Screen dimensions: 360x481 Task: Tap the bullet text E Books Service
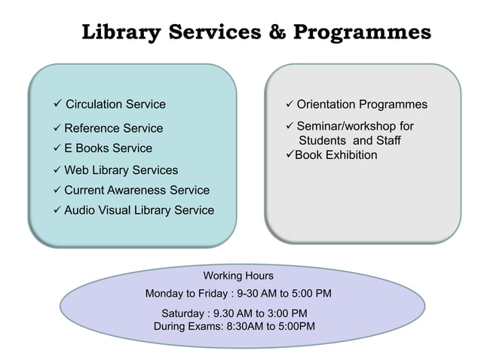108,148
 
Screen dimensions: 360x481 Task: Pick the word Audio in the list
79,210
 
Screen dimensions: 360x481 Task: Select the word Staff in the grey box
386,141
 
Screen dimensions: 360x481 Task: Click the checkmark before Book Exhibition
289,155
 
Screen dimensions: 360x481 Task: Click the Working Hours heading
238,276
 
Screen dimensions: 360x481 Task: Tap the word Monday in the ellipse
165,293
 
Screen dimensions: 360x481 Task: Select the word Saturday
184,313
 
